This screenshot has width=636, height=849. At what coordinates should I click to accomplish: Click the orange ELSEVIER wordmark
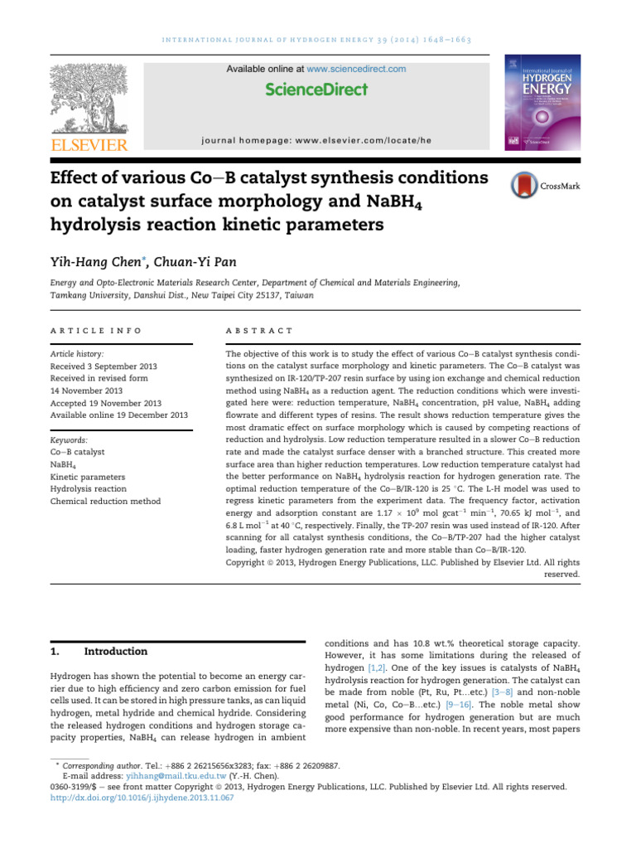click(89, 146)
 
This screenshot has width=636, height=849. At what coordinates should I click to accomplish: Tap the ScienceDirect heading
click(316, 89)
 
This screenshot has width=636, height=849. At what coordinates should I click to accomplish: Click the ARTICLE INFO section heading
click(96, 330)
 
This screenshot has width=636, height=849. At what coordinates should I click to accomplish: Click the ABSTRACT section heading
click(259, 330)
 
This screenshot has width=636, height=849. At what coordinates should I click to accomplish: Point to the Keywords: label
click(70, 440)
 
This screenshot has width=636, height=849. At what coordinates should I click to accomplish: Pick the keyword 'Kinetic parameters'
click(88, 477)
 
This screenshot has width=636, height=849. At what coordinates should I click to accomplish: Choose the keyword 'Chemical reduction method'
click(105, 501)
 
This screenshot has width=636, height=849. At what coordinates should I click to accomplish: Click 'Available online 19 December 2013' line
click(119, 415)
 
